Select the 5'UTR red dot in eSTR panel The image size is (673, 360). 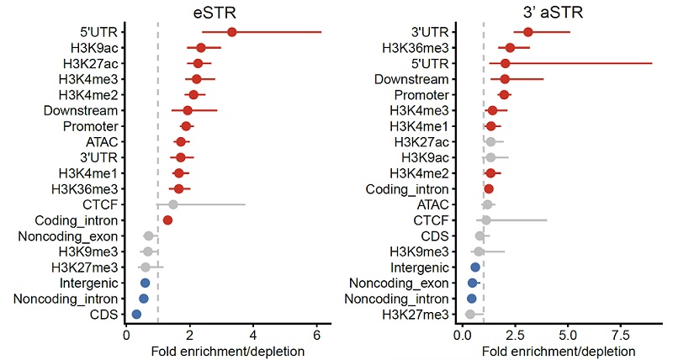click(231, 32)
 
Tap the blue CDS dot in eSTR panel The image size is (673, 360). click(136, 314)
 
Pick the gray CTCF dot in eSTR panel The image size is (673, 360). click(173, 204)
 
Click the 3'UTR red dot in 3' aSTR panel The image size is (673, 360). click(528, 32)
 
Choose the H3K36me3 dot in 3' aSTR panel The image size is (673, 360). click(510, 48)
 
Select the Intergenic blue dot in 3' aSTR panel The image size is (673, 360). click(475, 267)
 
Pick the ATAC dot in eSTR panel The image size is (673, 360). click(180, 141)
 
